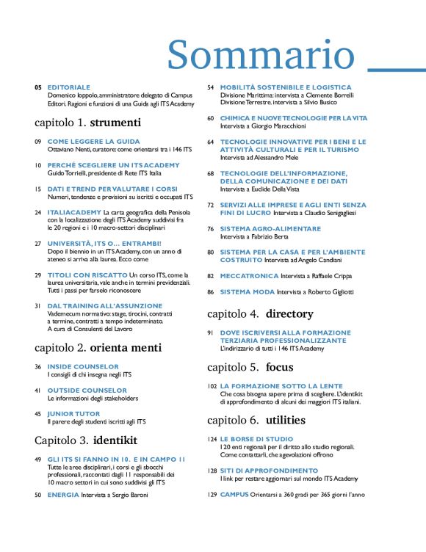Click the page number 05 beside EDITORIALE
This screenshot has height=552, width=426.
(x=37, y=87)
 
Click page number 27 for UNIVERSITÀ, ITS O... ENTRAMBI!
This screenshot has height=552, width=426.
(x=37, y=242)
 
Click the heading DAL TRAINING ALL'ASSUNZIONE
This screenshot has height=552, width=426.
(x=105, y=305)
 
